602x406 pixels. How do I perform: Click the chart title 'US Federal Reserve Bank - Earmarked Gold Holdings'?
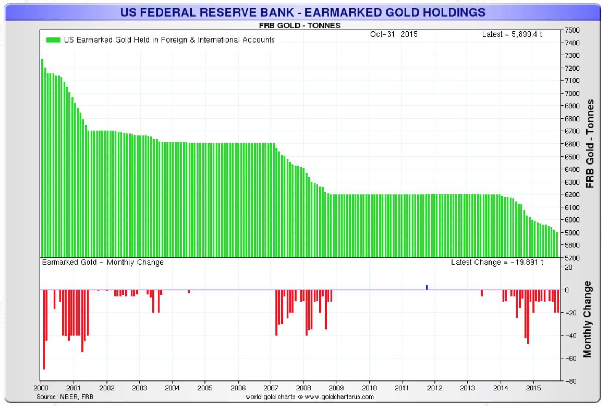coord(302,12)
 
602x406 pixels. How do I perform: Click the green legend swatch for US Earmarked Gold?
coord(53,40)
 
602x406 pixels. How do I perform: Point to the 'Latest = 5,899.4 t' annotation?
coord(512,34)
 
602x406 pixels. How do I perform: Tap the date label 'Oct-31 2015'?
coord(393,34)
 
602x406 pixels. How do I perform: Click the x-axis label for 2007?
coord(271,388)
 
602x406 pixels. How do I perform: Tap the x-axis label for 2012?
coord(434,388)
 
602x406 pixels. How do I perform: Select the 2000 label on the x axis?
coord(41,388)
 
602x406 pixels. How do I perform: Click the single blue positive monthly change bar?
coord(427,287)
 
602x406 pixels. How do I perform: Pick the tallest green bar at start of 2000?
coord(42,158)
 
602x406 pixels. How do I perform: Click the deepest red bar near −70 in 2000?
coord(44,329)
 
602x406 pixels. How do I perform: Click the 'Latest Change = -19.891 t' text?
coord(497,263)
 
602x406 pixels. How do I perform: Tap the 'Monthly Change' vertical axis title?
coord(587,319)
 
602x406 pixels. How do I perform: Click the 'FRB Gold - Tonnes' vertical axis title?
coord(590,143)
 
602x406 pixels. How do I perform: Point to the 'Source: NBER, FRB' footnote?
coord(65,397)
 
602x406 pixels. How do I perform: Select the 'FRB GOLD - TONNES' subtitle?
coord(300,26)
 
